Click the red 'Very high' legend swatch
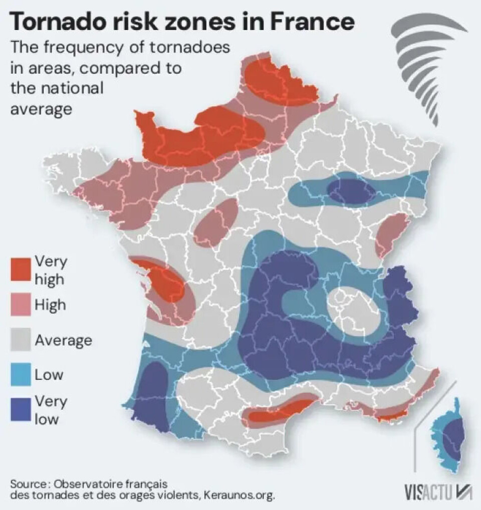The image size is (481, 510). (x=21, y=269)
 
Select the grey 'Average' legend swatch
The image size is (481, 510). (x=21, y=340)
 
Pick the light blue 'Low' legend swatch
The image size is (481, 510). (x=21, y=374)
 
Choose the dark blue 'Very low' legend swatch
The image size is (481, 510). (x=21, y=409)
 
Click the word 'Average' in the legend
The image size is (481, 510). (x=64, y=341)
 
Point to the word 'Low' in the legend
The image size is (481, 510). (x=49, y=375)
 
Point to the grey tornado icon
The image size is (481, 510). (x=425, y=68)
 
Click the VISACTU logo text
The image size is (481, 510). (x=428, y=493)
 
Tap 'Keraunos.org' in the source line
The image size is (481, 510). (x=239, y=495)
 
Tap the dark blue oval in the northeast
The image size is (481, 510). (x=351, y=191)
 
